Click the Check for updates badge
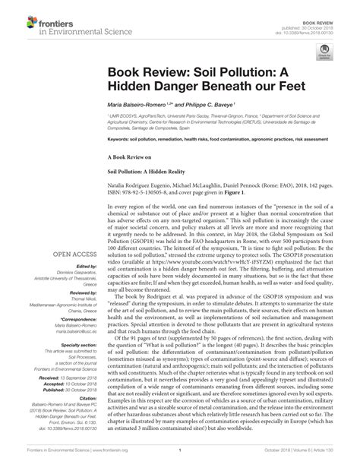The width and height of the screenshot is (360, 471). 327,51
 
